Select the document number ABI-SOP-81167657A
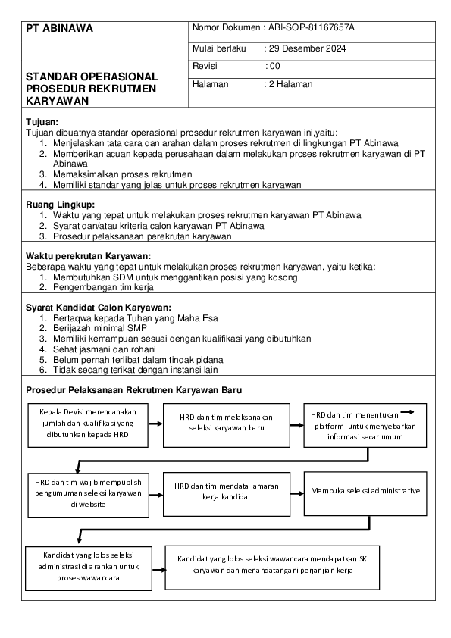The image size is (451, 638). [x=311, y=28]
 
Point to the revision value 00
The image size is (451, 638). [x=274, y=67]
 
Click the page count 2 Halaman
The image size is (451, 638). [x=290, y=84]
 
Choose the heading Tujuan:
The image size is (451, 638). [x=42, y=121]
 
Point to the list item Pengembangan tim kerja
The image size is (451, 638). [x=103, y=288]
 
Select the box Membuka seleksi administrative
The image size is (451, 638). [x=365, y=491]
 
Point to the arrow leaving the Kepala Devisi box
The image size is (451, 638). [x=152, y=423]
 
